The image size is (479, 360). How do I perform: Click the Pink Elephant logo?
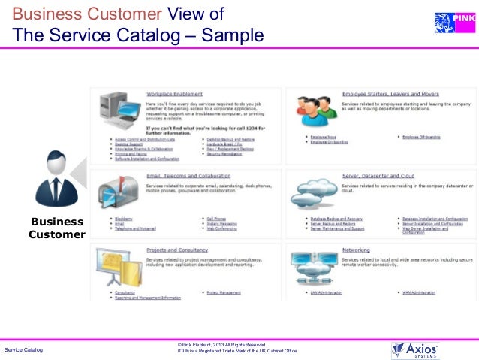(x=451, y=23)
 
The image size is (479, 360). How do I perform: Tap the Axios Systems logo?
(x=415, y=350)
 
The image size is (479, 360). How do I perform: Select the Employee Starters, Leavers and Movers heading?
(x=390, y=95)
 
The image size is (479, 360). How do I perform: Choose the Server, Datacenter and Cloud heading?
(x=378, y=176)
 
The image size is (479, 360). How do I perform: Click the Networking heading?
(x=356, y=250)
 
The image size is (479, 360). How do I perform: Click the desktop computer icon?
(x=118, y=114)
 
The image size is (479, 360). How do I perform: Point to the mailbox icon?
(x=117, y=193)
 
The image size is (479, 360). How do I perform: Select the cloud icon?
(x=314, y=197)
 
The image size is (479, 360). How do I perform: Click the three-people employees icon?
(x=315, y=113)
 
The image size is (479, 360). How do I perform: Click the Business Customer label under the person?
(x=57, y=228)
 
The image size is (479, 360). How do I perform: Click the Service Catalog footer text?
(x=24, y=351)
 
